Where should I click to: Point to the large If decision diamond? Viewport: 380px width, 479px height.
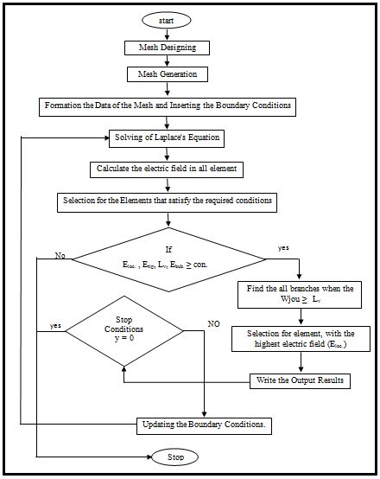(x=169, y=257)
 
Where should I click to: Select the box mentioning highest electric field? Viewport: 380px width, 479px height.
(x=294, y=339)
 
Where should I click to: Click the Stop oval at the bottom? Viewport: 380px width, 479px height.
(x=175, y=456)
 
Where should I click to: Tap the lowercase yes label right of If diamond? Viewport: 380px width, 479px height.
(x=283, y=246)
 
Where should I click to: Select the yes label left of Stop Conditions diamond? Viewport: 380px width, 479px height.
(x=55, y=327)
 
